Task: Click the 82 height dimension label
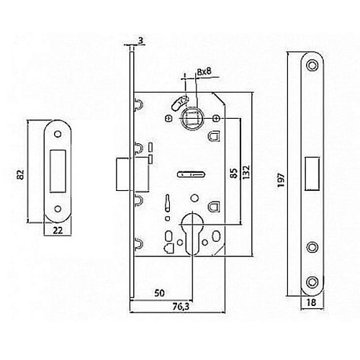point(21,175)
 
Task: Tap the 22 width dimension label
point(58,230)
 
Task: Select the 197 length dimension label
point(281,180)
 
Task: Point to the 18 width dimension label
point(311,302)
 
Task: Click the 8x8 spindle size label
point(204,71)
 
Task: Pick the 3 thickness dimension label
point(141,40)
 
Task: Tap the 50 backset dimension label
point(160,293)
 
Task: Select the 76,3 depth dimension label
point(181,307)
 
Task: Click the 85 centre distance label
point(234,173)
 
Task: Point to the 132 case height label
point(246,171)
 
